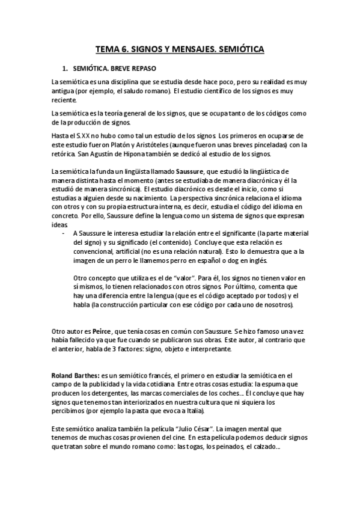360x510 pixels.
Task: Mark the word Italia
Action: tap(192, 412)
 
